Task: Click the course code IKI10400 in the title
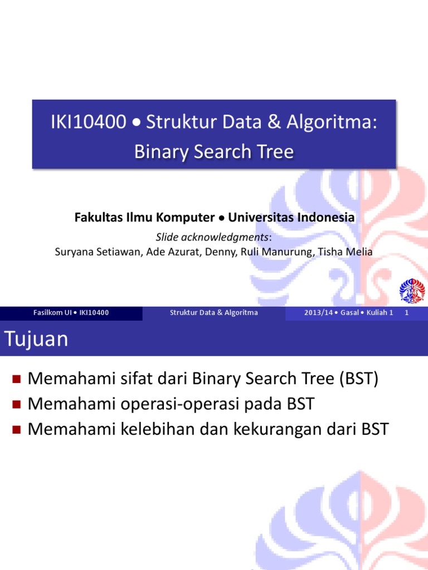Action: click(x=89, y=123)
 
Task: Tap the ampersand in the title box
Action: click(x=274, y=123)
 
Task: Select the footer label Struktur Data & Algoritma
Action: click(x=214, y=313)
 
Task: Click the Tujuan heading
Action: click(x=36, y=339)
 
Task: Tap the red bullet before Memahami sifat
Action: click(x=16, y=380)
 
